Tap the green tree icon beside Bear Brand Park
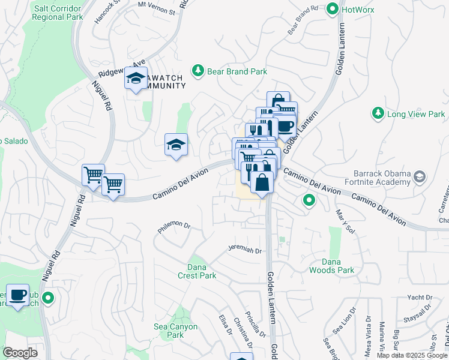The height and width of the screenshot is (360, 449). [197, 71]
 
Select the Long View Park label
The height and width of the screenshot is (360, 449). [416, 113]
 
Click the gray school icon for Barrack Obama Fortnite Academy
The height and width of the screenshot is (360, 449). [419, 176]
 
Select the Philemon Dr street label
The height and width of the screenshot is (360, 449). [174, 227]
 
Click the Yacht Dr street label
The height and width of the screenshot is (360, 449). [419, 297]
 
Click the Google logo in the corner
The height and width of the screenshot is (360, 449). [20, 352]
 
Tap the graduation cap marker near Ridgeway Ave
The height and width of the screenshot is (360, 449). [136, 78]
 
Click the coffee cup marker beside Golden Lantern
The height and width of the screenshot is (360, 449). [285, 127]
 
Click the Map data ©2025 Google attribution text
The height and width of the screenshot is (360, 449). [411, 355]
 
